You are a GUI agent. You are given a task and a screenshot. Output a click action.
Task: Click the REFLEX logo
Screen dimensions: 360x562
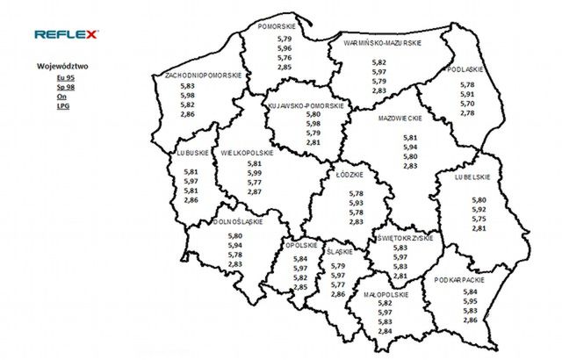[x=68, y=34]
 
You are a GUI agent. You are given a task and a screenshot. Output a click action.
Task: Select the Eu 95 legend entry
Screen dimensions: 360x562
[x=62, y=79]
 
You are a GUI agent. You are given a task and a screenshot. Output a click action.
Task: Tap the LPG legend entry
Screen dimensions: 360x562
[x=62, y=105]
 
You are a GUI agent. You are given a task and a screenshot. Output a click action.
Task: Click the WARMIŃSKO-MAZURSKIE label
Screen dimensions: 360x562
[x=382, y=41]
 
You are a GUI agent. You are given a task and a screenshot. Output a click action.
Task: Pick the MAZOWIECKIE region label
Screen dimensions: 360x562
[x=400, y=118]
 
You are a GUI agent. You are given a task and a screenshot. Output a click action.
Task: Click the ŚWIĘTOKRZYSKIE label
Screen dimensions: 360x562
[x=402, y=238]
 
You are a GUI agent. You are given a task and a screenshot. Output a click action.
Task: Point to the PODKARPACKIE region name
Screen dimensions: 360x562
[x=460, y=280]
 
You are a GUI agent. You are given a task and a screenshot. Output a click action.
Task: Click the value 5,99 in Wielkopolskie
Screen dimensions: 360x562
[x=255, y=173]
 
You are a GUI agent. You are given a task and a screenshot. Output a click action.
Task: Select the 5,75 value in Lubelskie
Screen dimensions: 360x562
[x=479, y=219]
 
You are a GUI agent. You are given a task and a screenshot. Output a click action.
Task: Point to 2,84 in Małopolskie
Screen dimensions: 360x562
[x=384, y=331]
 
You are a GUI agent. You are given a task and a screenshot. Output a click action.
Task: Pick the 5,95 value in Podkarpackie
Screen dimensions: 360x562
[x=471, y=301]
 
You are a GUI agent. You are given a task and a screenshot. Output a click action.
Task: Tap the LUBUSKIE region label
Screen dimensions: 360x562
[x=191, y=152]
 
